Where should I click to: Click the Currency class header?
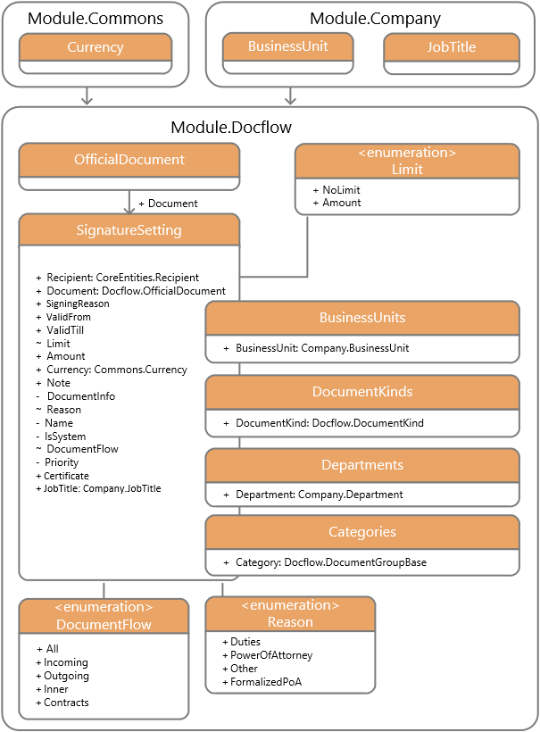tap(96, 47)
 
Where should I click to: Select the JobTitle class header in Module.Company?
tap(452, 47)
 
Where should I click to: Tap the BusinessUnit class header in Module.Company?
tap(288, 46)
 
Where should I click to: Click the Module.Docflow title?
tap(231, 127)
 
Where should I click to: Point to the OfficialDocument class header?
tap(129, 160)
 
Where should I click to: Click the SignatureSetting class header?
tap(129, 229)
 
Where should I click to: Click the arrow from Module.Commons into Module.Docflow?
tap(87, 96)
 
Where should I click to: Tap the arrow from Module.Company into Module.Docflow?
tap(290, 96)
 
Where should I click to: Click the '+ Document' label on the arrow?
tap(168, 204)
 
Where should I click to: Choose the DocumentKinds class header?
tap(362, 392)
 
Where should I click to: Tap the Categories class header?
tap(362, 532)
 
